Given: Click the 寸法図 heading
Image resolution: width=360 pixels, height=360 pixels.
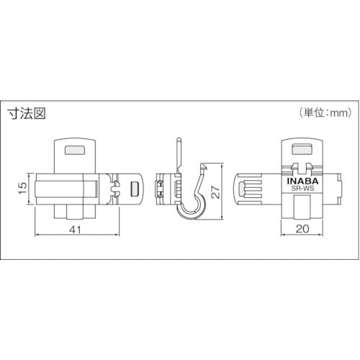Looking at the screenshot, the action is [x=27, y=114].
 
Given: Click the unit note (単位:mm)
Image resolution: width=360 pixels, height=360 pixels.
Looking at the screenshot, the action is [x=325, y=112].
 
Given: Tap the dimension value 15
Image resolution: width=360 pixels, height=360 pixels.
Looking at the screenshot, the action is [x=23, y=188].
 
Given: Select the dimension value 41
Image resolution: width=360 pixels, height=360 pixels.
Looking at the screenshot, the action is [x=76, y=230].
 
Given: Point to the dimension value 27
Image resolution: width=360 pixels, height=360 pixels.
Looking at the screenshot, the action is [x=216, y=192].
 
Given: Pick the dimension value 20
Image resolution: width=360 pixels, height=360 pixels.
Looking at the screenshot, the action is [x=302, y=229].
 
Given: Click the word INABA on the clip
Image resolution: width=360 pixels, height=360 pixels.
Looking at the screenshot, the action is [x=302, y=181].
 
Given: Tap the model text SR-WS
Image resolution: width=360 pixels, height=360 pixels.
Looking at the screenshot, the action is [x=302, y=189].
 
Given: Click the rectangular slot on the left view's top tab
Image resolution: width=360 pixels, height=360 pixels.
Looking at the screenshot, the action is [x=75, y=150].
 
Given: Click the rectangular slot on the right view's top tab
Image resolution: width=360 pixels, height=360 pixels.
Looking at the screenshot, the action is [x=302, y=149].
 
